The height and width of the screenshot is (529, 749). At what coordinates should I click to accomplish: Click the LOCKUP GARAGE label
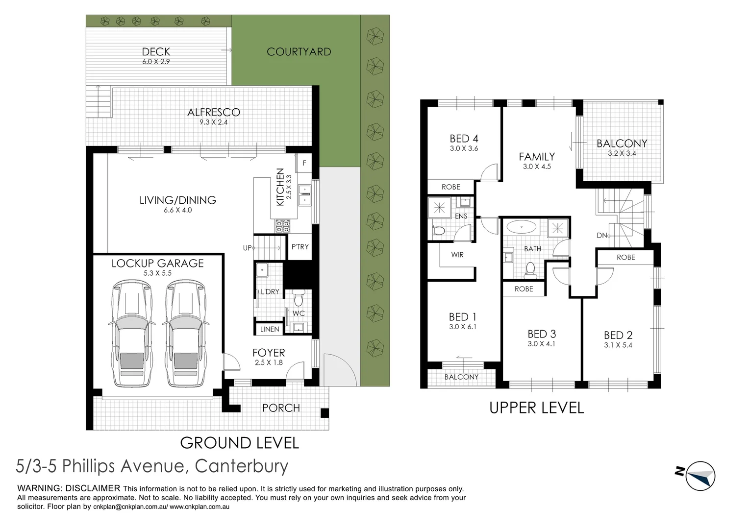[157, 264]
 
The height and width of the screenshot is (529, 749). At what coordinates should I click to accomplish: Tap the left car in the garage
[132, 334]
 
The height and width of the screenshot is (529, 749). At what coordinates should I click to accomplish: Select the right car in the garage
[186, 334]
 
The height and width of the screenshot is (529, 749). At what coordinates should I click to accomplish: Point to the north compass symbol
[696, 476]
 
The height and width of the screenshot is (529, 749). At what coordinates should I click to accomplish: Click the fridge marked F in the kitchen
[304, 163]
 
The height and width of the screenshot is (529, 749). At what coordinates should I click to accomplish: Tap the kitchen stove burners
[282, 226]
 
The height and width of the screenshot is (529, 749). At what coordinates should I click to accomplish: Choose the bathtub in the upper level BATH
[521, 227]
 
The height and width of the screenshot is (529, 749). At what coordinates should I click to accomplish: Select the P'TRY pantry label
[300, 247]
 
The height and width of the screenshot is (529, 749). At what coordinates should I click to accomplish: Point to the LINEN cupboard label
[270, 329]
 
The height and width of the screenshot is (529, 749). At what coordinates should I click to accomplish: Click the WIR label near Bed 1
[457, 255]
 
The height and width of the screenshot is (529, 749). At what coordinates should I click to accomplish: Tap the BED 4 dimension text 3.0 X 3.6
[464, 148]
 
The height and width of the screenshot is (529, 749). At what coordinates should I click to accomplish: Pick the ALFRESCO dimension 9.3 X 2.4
[214, 122]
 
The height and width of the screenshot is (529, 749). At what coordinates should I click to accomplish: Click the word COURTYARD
[299, 52]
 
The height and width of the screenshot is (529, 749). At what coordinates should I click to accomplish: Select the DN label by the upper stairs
[601, 235]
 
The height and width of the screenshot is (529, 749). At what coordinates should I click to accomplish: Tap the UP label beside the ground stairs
[247, 248]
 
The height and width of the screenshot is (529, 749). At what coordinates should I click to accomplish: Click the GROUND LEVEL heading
[239, 443]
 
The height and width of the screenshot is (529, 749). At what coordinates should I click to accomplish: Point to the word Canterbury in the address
[242, 466]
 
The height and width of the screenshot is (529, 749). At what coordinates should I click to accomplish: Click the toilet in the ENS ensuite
[438, 231]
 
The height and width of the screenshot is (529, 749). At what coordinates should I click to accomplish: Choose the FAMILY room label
[537, 157]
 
